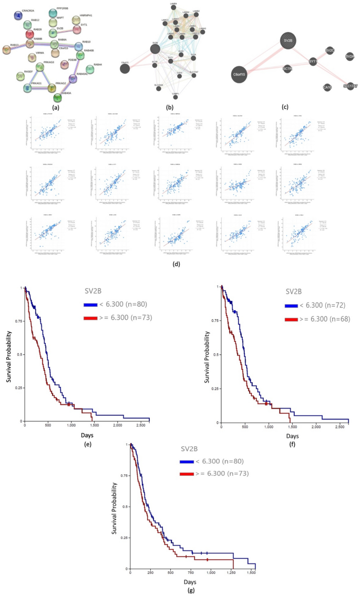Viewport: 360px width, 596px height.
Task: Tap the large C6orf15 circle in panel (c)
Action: pos(241,75)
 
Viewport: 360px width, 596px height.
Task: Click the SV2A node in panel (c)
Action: pos(350,56)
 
